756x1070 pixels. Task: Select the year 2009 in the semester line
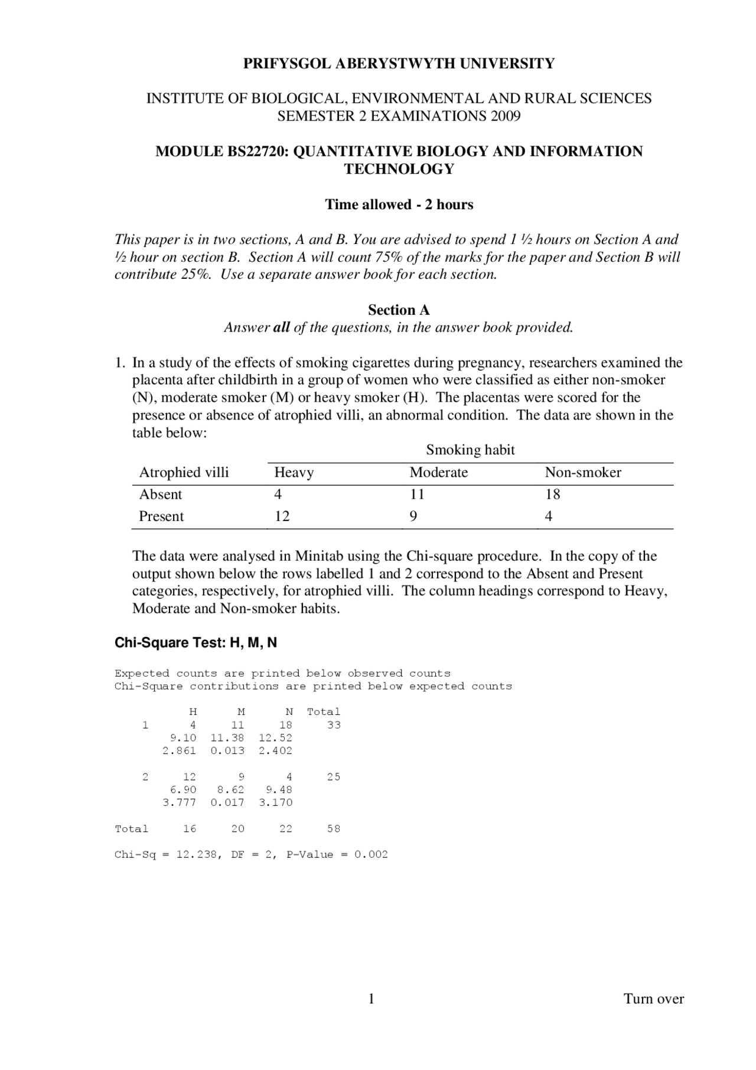505,116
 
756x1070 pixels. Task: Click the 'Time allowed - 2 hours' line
399,205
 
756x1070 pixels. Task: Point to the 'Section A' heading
399,310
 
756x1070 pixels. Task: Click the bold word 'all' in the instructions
281,328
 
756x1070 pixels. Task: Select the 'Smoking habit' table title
470,450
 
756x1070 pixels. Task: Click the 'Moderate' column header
438,473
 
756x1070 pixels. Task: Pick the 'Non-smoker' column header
582,473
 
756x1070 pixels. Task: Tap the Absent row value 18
552,495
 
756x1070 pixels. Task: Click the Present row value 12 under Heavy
282,516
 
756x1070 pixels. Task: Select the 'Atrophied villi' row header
184,473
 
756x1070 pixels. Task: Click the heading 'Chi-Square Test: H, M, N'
195,643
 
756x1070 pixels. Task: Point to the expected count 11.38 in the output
227,738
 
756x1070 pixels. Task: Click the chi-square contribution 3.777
179,803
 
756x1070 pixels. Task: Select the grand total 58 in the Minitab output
334,829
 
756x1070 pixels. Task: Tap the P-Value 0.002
371,855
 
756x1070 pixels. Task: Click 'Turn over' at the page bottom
653,999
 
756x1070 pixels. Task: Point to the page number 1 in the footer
372,999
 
